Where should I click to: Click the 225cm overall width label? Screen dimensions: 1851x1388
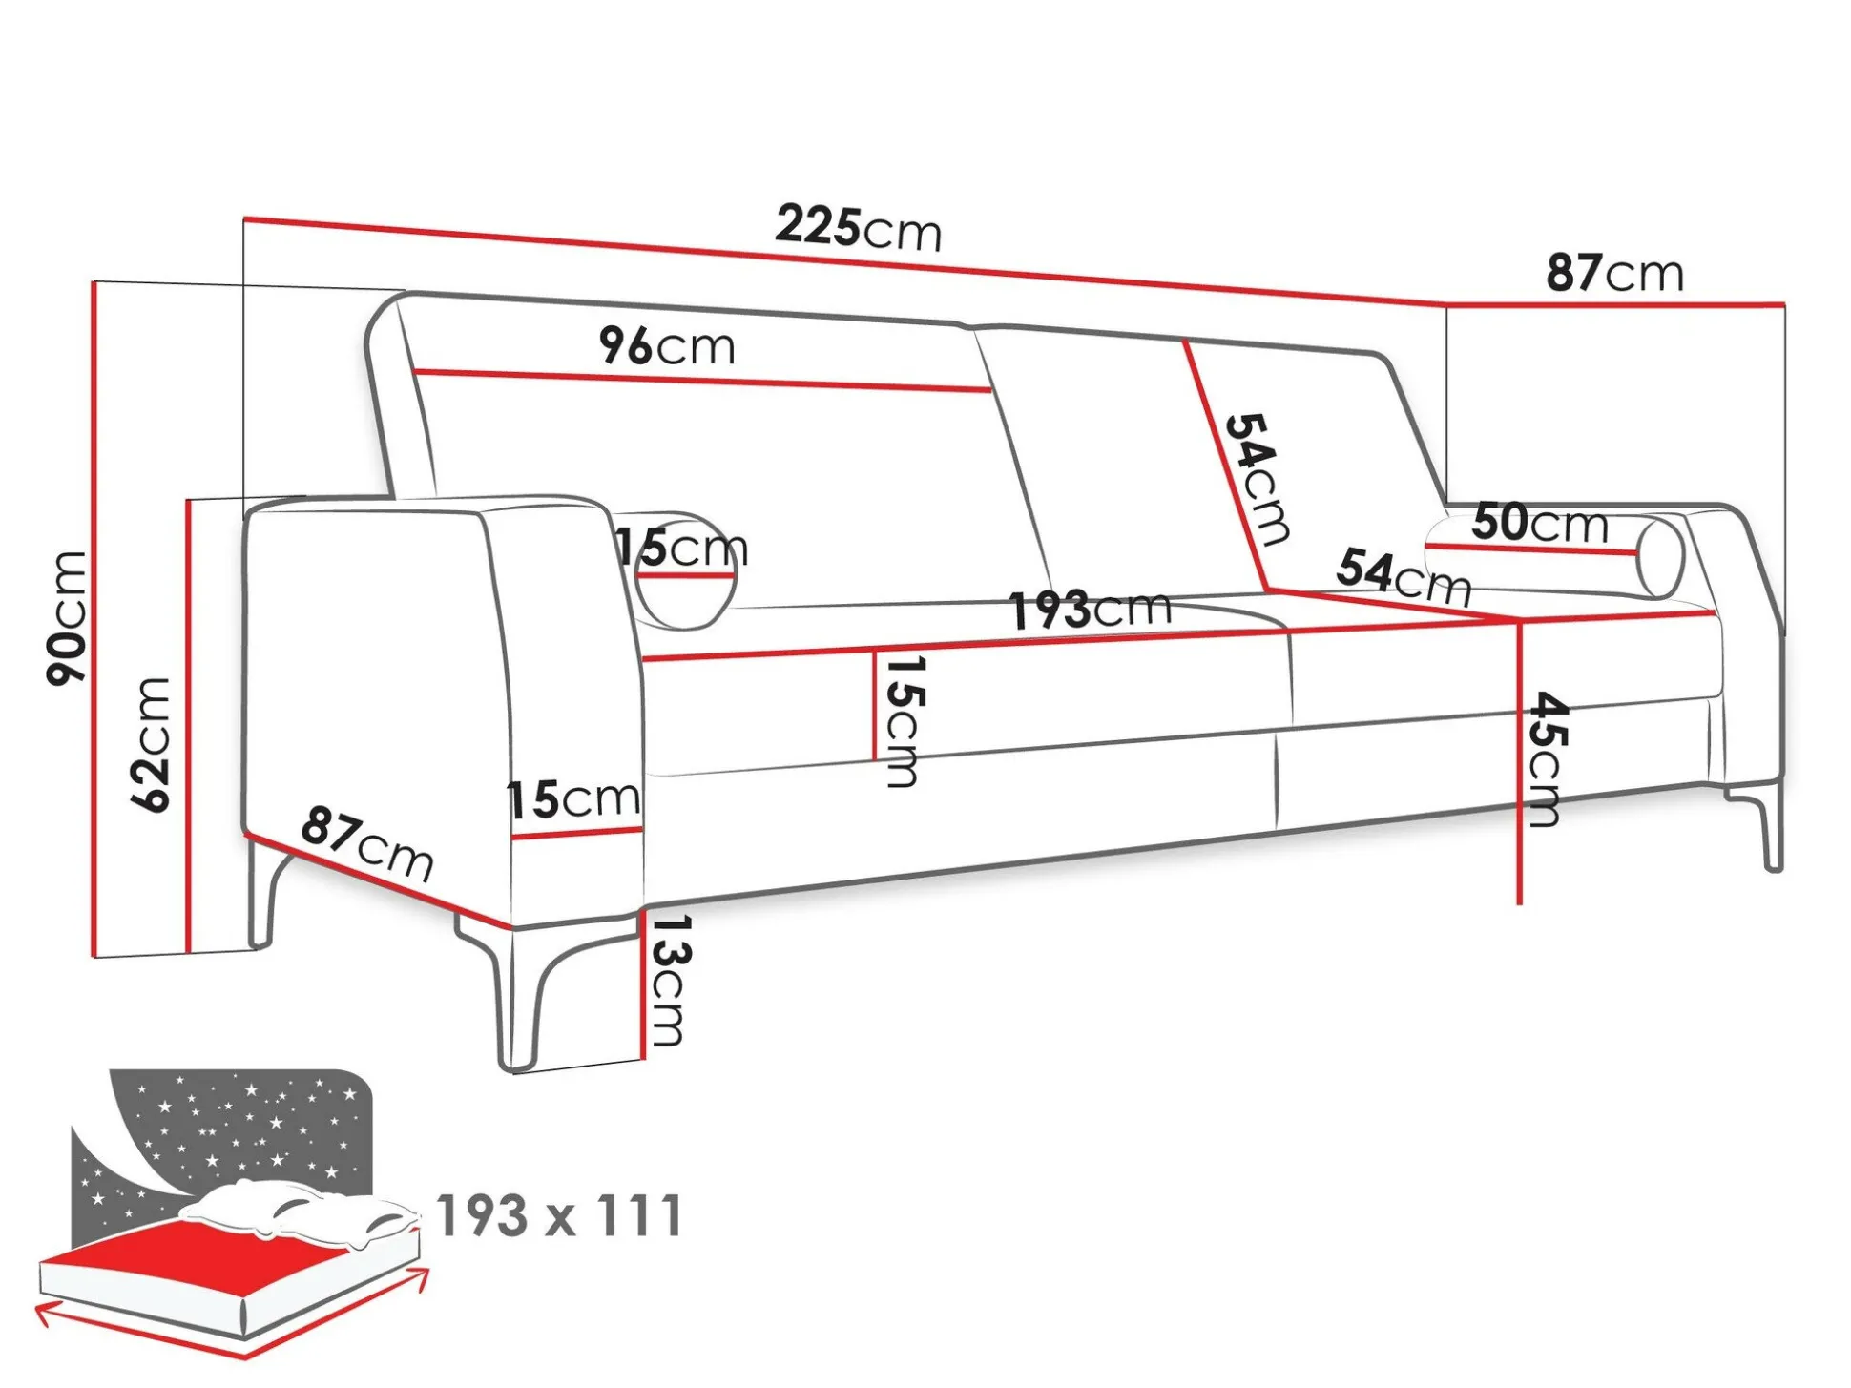coord(858,228)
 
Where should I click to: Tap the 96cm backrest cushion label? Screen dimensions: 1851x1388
coord(667,345)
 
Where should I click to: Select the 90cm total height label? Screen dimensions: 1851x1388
coord(67,617)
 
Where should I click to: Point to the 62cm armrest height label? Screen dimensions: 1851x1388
coord(151,744)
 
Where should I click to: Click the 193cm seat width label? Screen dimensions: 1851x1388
coord(1091,609)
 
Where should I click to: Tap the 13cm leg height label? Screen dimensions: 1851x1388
coord(667,981)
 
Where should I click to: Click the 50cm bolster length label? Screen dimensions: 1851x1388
coord(1539,523)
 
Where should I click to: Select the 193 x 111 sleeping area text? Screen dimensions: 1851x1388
coord(560,1216)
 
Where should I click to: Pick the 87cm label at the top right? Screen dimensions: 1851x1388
coord(1614,273)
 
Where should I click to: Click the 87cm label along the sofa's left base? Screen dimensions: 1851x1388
coord(367,843)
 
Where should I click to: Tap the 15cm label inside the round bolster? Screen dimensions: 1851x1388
coord(681,548)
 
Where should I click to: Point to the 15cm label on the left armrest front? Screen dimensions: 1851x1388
coord(573,798)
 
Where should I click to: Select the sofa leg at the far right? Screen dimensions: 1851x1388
coord(1760,826)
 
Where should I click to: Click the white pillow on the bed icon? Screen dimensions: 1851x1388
coord(298,1212)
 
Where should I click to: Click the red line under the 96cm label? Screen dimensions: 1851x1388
coord(702,381)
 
